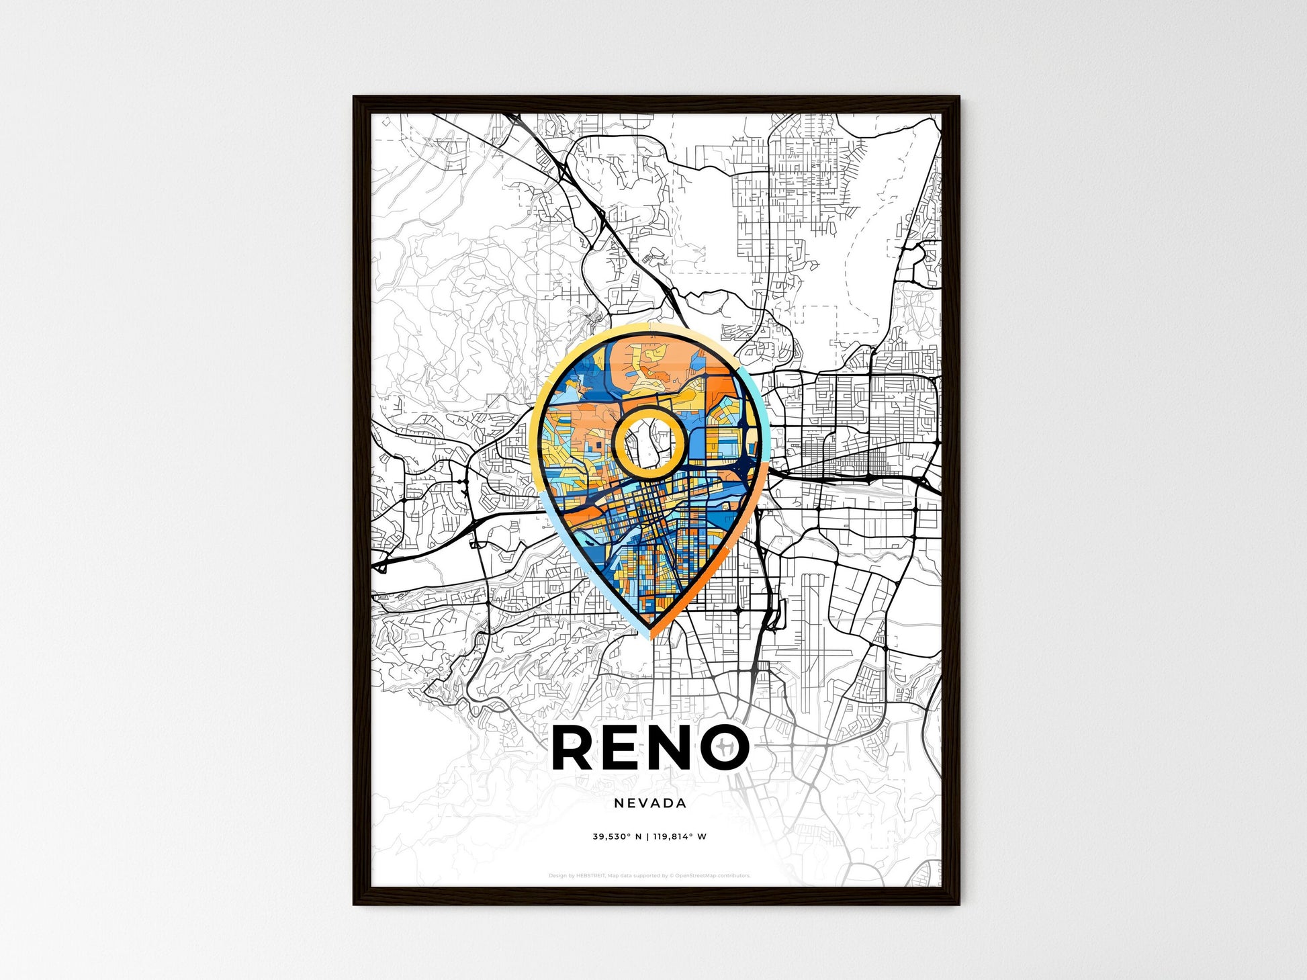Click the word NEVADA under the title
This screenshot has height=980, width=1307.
point(649,803)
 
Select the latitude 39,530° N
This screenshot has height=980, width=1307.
point(617,837)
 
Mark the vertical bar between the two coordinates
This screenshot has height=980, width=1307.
point(649,837)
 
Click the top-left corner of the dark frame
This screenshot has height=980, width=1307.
point(355,98)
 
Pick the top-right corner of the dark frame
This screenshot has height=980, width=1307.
point(958,98)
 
